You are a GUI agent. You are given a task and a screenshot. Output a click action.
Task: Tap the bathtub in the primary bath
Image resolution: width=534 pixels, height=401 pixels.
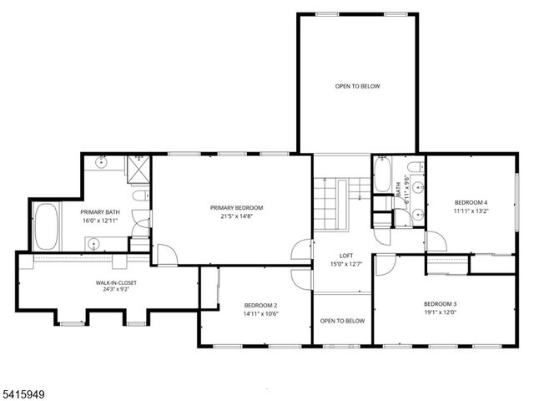click(45, 226)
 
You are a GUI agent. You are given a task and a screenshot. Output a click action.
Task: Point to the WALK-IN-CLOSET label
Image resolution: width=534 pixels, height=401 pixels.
click(116, 283)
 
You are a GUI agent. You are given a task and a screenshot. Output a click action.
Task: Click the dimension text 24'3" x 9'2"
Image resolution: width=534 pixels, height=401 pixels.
click(116, 292)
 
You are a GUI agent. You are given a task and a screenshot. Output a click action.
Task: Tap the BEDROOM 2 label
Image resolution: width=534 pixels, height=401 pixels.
click(261, 305)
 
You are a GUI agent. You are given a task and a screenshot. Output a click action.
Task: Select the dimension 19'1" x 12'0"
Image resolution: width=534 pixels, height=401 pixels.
click(441, 312)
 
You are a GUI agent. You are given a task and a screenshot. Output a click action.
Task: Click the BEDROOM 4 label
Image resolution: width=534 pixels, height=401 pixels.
click(471, 203)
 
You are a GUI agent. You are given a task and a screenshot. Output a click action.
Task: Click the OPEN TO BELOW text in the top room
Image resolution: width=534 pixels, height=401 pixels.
click(357, 86)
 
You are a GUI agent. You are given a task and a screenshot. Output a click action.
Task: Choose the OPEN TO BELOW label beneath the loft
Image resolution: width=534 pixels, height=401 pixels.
click(342, 321)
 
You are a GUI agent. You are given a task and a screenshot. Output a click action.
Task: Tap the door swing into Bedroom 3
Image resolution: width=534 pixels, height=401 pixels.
click(383, 266)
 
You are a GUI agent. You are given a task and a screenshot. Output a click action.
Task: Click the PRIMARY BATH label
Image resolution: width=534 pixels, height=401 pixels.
click(100, 212)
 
